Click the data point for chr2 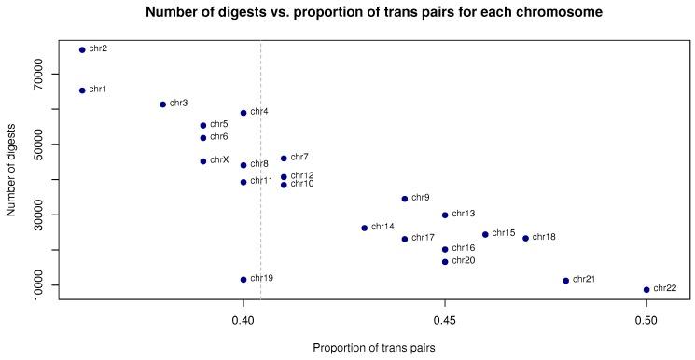click(x=82, y=49)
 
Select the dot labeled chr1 click(x=82, y=90)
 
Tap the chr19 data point click(x=243, y=280)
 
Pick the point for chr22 click(x=646, y=289)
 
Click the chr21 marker click(x=566, y=281)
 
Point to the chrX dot click(x=203, y=161)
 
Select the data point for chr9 click(x=405, y=199)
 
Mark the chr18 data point click(x=526, y=238)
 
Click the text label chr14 click(x=382, y=227)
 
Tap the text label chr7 click(x=299, y=158)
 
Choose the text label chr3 click(x=178, y=103)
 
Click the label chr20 click(x=464, y=261)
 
